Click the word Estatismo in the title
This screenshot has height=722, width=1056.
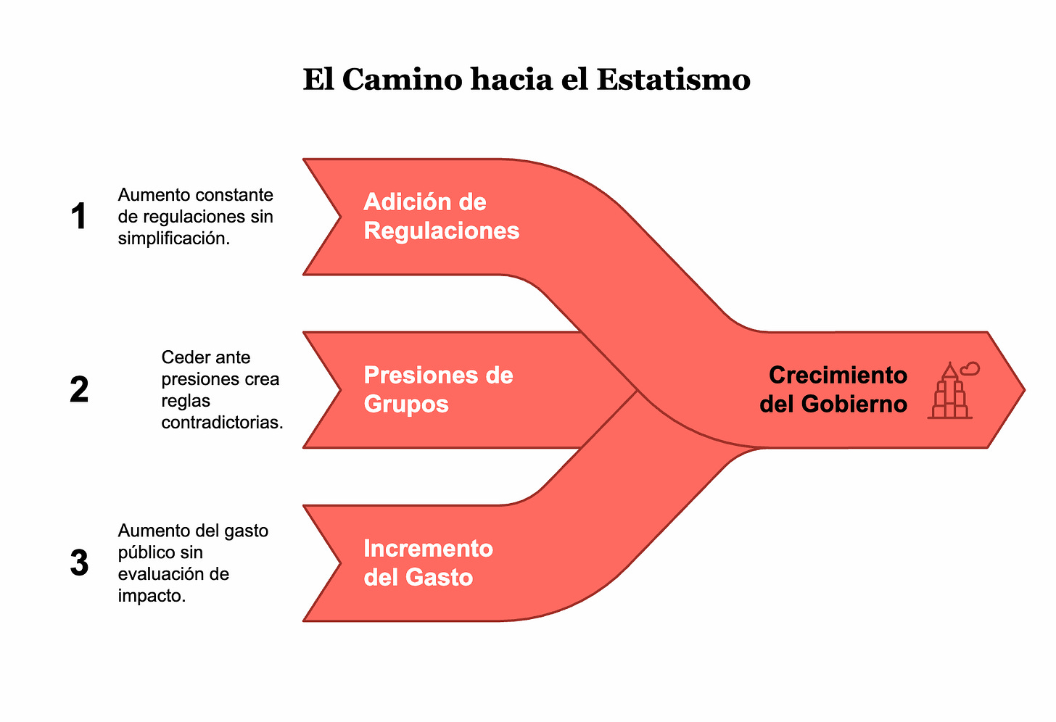pyautogui.click(x=673, y=79)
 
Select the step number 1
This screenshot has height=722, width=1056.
pyautogui.click(x=79, y=217)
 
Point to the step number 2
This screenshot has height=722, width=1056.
pyautogui.click(x=79, y=390)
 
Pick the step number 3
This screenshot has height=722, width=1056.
pyautogui.click(x=79, y=563)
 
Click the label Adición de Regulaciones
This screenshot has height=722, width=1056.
pyautogui.click(x=441, y=216)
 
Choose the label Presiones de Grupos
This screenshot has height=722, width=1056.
pyautogui.click(x=438, y=389)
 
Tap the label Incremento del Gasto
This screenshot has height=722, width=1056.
pyautogui.click(x=428, y=563)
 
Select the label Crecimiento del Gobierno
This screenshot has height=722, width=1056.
pyautogui.click(x=834, y=389)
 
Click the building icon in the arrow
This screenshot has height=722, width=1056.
pyautogui.click(x=949, y=395)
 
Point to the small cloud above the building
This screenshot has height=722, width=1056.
pyautogui.click(x=970, y=369)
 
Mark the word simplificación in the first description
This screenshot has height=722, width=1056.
pyautogui.click(x=174, y=238)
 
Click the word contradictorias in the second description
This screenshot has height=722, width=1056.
pyautogui.click(x=222, y=423)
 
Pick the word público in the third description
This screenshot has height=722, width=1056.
pyautogui.click(x=144, y=552)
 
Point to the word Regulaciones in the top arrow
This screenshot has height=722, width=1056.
pyautogui.click(x=441, y=231)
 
